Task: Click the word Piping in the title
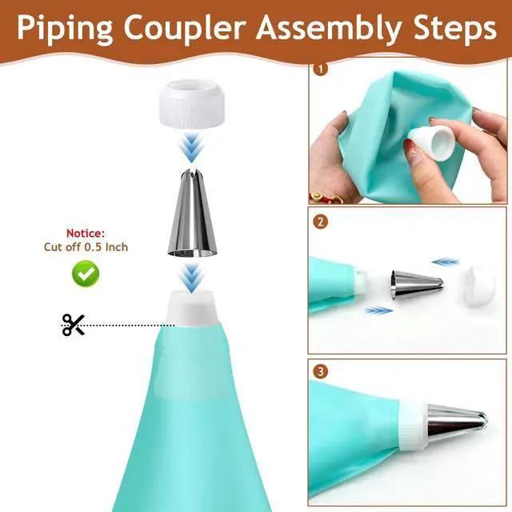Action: click(65, 29)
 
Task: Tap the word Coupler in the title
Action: click(185, 29)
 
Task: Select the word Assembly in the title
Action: click(329, 29)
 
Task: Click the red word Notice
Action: click(86, 233)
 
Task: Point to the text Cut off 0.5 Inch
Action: click(86, 247)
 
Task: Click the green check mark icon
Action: click(86, 274)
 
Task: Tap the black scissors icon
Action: click(74, 325)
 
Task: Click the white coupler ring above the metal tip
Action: click(192, 103)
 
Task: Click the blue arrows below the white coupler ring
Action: click(191, 147)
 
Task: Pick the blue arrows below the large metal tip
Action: click(191, 278)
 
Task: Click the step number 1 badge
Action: click(320, 69)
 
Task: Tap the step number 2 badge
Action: click(320, 222)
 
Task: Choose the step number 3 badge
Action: click(320, 371)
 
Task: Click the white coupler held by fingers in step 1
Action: click(431, 143)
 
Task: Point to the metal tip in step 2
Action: click(417, 283)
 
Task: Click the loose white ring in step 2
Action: click(478, 286)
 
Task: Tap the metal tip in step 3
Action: click(457, 423)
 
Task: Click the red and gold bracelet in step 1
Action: click(326, 197)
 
